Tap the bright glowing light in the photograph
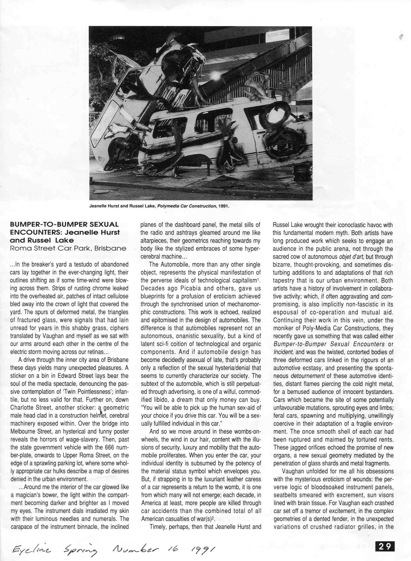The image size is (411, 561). coord(215,76)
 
